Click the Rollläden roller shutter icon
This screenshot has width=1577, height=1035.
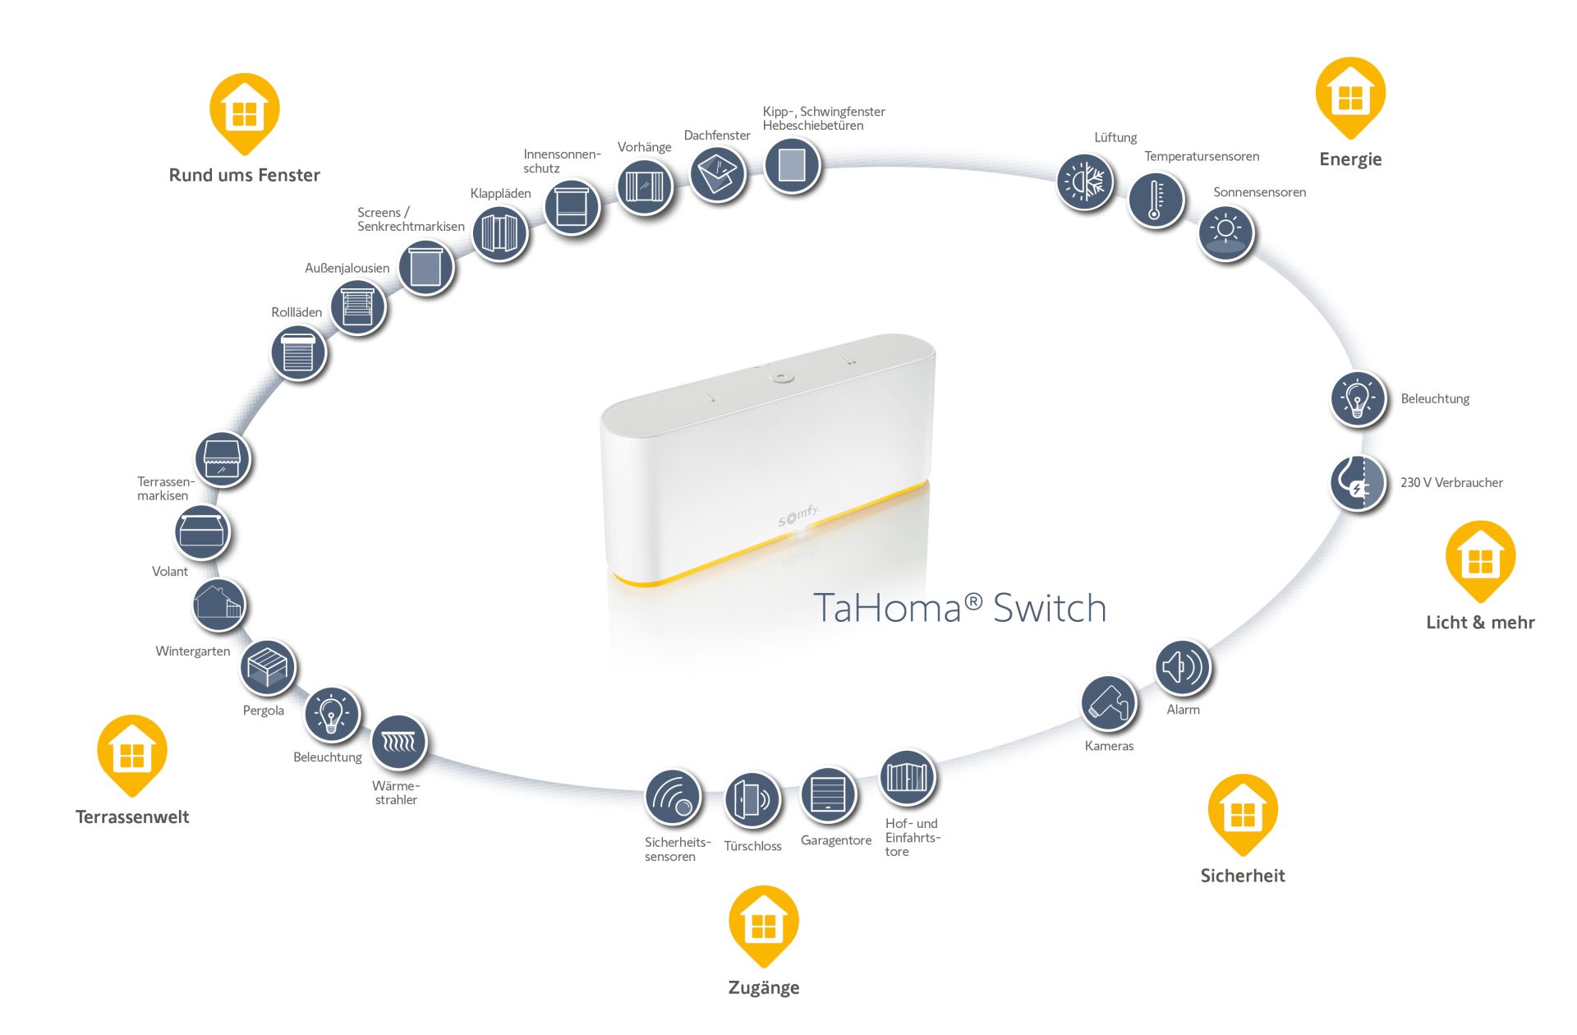(298, 354)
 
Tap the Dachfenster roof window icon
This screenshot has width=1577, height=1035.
(717, 173)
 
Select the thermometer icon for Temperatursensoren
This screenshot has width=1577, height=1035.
(1155, 200)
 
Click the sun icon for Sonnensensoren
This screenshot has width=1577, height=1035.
(1225, 232)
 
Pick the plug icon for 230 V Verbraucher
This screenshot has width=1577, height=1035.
(1357, 484)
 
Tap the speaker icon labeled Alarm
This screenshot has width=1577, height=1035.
(1183, 667)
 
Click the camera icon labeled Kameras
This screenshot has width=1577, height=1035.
(1109, 704)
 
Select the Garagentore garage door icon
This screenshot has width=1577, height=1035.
(828, 795)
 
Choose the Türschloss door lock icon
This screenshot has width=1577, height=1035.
(752, 798)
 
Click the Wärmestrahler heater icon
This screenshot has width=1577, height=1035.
(399, 743)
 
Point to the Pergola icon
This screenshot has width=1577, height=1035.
(268, 667)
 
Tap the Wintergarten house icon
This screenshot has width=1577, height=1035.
(218, 605)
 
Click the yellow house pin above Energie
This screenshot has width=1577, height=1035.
(1350, 94)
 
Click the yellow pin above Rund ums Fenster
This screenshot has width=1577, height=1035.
(244, 111)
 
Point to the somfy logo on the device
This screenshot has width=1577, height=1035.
(798, 517)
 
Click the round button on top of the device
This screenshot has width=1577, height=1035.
(782, 378)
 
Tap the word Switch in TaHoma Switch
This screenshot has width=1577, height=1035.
(1049, 609)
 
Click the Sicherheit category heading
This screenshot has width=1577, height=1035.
(1242, 876)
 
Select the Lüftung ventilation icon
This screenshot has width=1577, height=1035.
(1084, 182)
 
